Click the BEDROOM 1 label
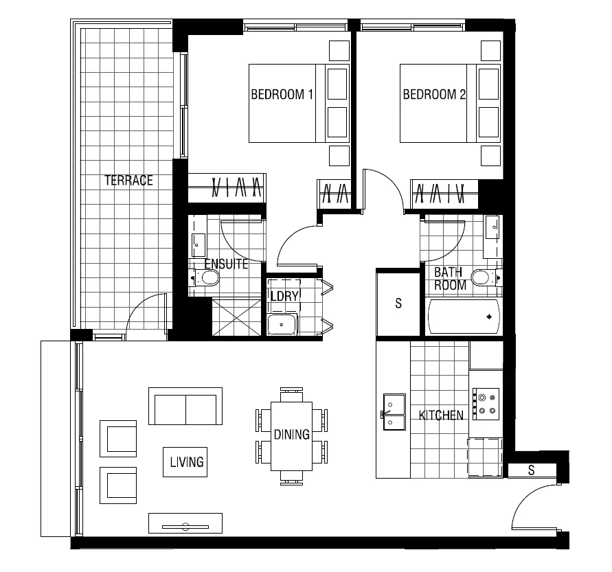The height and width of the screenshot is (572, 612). (282, 95)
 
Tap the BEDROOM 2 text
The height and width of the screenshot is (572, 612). (434, 95)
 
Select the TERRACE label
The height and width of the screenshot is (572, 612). (128, 181)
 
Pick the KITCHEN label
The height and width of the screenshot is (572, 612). (441, 415)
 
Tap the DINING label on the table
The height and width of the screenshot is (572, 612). (291, 435)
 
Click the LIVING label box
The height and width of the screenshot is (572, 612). (188, 462)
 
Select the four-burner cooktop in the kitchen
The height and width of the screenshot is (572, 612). (486, 403)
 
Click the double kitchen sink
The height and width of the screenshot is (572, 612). (394, 411)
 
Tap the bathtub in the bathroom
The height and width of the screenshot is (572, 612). (465, 318)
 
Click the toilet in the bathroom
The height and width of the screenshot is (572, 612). (484, 277)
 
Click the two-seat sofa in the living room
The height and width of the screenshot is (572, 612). (185, 407)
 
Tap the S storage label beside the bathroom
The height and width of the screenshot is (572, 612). (398, 304)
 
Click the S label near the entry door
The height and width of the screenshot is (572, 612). (532, 470)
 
